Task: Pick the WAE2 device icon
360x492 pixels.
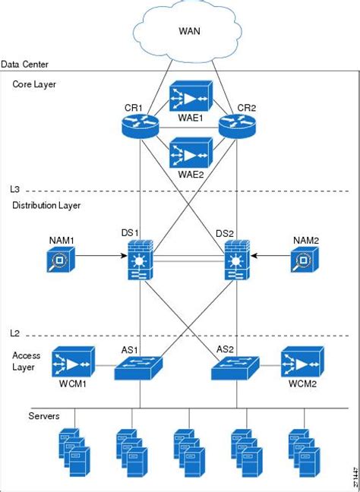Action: pyautogui.click(x=188, y=154)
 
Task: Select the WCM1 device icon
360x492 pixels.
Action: pyautogui.click(x=73, y=362)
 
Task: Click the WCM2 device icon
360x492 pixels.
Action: pyautogui.click(x=303, y=362)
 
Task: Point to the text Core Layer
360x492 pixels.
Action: pyautogui.click(x=33, y=84)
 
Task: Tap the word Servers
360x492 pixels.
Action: pyautogui.click(x=44, y=417)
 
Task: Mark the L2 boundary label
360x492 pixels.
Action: pyautogui.click(x=17, y=333)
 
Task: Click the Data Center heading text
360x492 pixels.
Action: pyautogui.click(x=26, y=65)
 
